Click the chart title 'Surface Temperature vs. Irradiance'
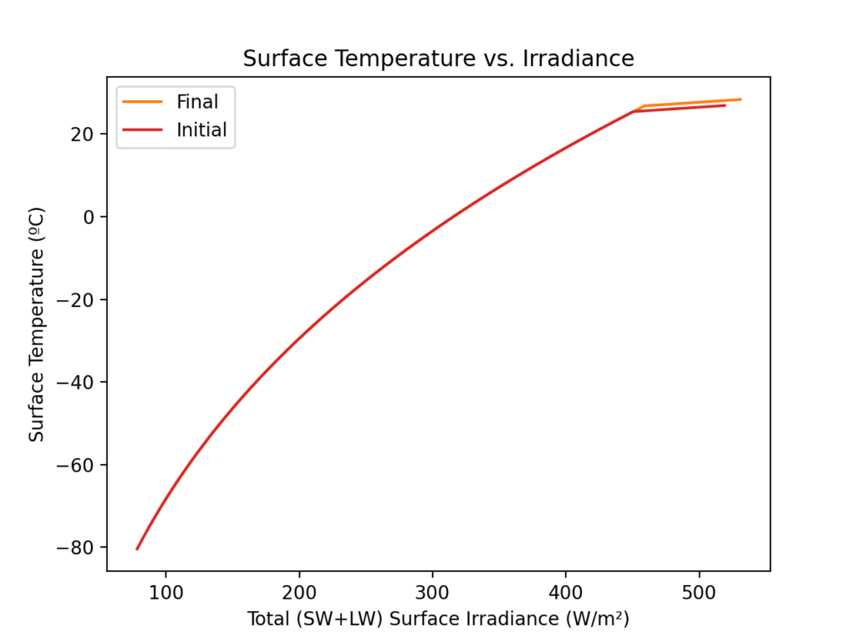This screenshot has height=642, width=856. point(438,59)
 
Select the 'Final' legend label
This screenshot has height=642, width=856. point(196,102)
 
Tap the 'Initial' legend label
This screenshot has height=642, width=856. point(201,130)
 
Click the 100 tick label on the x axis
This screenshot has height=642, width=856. point(166,594)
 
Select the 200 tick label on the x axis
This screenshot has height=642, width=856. point(299,594)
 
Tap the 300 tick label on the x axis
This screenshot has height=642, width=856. point(432,594)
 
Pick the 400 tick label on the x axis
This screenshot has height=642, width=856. point(566,594)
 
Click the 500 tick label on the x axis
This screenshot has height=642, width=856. point(699,594)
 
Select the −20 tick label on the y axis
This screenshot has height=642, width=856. point(75,300)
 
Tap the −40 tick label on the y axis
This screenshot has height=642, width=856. point(75,382)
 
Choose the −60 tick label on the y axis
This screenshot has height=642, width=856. point(75,465)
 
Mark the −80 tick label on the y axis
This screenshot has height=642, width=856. point(75,548)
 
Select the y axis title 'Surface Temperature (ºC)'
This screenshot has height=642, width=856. point(36,324)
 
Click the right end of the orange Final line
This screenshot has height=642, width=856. point(740,99)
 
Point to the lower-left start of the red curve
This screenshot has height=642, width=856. point(137,548)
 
